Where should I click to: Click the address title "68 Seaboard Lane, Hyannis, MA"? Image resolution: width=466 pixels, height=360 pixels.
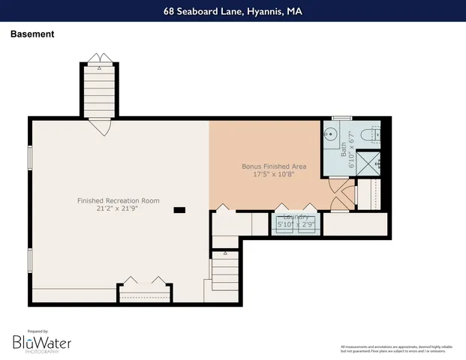point(233,12)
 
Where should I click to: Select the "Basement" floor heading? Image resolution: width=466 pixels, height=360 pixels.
point(32,34)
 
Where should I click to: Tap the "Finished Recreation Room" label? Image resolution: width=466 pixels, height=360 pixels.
point(119,200)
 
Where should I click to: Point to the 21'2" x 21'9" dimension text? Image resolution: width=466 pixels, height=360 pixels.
point(119,209)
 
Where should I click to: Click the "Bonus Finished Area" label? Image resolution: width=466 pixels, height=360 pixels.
point(272,166)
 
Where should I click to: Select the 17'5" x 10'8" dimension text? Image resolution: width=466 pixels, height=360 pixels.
point(272,174)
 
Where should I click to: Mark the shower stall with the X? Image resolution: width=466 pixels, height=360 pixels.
point(368,163)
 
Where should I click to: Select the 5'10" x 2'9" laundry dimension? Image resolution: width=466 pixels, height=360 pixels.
point(296,224)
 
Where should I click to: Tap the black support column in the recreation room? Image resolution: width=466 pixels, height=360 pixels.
point(179,211)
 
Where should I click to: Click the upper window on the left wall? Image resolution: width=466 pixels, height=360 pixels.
point(30,158)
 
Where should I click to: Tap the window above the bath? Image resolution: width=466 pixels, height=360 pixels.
point(342,118)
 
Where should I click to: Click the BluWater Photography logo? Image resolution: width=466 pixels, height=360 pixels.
point(41,342)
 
